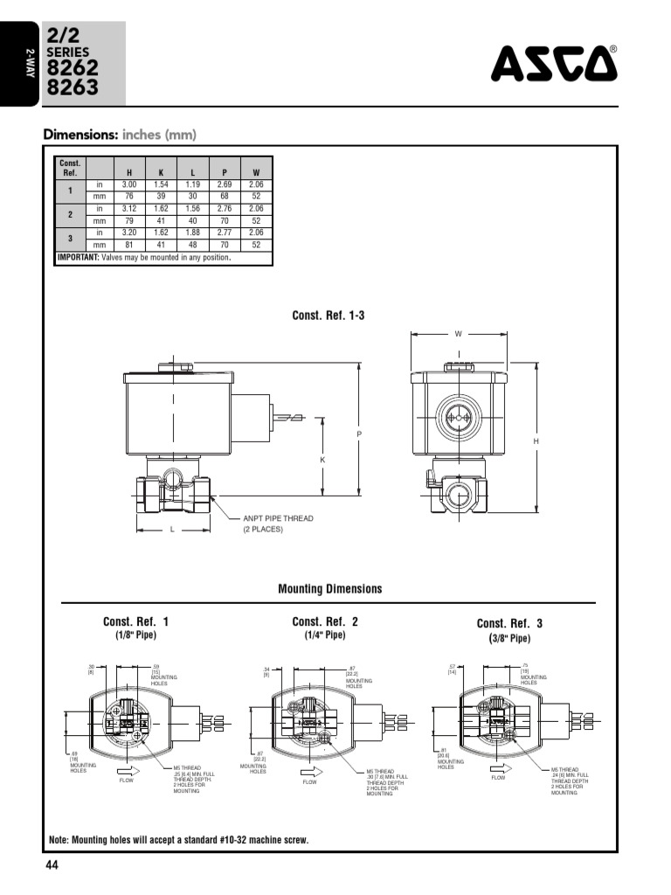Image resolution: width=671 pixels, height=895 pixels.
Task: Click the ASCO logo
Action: tap(553, 63)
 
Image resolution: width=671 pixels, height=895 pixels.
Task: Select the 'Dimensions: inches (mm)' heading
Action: tap(120, 135)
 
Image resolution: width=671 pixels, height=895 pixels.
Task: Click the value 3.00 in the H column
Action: tap(129, 184)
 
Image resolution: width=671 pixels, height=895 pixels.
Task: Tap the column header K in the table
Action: tap(161, 172)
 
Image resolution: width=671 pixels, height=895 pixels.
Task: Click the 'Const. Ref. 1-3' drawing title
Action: tap(328, 316)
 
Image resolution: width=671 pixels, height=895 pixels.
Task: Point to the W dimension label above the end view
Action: tap(459, 334)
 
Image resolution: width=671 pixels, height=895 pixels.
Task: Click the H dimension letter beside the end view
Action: tap(536, 442)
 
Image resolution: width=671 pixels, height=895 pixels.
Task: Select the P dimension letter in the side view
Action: tap(359, 434)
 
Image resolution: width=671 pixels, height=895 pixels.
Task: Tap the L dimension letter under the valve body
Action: tap(172, 530)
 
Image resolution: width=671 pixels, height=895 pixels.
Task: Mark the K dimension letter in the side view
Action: tap(322, 459)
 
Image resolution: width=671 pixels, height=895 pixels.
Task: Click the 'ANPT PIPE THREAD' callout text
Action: tap(277, 518)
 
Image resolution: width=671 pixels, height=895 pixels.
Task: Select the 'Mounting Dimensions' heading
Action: tap(329, 588)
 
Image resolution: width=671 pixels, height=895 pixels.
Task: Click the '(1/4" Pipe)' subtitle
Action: tap(325, 635)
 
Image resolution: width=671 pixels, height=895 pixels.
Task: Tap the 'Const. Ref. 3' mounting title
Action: tap(509, 623)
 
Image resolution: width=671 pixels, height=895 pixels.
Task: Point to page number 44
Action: tap(51, 865)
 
